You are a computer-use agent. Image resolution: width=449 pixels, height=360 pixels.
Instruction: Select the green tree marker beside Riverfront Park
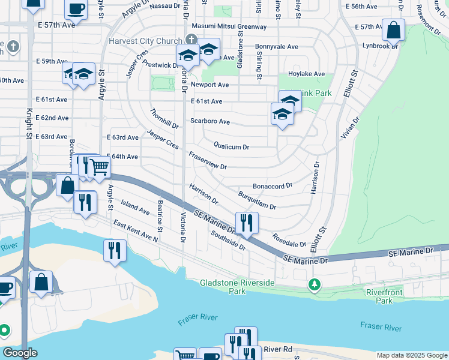pyautogui.click(x=313, y=283)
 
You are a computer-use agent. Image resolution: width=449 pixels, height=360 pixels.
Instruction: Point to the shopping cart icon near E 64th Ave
pyautogui.click(x=99, y=167)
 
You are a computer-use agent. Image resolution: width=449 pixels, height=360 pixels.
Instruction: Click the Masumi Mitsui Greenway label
pyautogui.click(x=229, y=27)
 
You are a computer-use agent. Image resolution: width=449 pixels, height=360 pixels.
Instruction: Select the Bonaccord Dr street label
pyautogui.click(x=272, y=187)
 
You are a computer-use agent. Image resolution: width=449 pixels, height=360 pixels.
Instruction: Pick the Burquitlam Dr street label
pyautogui.click(x=257, y=201)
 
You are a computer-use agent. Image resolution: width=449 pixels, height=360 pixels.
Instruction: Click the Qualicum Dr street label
pyautogui.click(x=231, y=146)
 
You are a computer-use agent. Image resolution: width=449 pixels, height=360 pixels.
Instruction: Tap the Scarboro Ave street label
pyautogui.click(x=210, y=121)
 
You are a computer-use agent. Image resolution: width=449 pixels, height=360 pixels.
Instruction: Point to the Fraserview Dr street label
pyautogui.click(x=208, y=160)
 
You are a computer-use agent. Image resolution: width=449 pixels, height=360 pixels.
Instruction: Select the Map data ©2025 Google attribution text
pyautogui.click(x=412, y=355)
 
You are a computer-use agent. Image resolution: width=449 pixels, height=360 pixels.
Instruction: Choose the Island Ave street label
pyautogui.click(x=135, y=208)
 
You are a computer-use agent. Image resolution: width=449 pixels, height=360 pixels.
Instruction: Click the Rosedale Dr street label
pyautogui.click(x=289, y=241)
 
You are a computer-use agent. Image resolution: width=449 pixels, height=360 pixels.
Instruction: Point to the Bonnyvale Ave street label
pyautogui.click(x=277, y=46)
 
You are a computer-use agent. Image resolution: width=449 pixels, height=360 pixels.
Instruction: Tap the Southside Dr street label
pyautogui.click(x=229, y=240)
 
